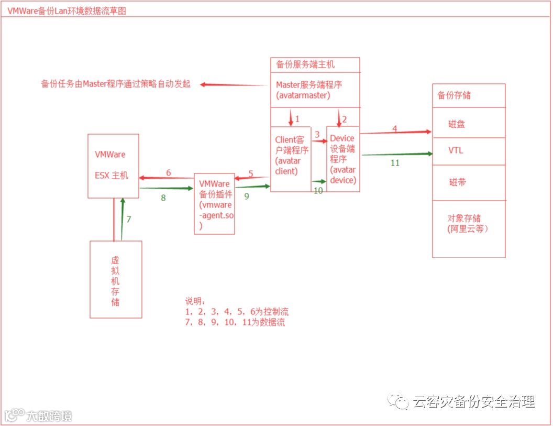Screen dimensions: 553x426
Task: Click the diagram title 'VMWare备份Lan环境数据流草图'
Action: tap(67, 11)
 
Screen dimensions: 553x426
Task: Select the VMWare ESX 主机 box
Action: tap(113, 166)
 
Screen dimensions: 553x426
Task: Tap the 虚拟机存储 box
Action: tap(116, 279)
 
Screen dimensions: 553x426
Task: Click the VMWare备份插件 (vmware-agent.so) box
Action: tap(214, 203)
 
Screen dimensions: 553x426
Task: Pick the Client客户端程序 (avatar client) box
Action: tap(291, 159)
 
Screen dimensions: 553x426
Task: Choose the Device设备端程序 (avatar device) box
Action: tap(343, 159)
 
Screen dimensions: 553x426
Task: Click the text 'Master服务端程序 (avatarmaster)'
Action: tap(309, 90)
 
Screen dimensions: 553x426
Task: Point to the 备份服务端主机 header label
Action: tap(305, 65)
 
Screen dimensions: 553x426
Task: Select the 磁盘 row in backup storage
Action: tap(457, 124)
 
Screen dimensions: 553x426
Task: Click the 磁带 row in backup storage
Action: tap(457, 182)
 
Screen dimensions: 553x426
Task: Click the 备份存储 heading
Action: tap(454, 95)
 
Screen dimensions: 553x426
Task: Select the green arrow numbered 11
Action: tap(396, 154)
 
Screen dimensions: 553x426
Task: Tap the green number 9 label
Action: tap(246, 195)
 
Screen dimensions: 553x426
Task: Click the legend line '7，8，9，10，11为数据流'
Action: tap(235, 322)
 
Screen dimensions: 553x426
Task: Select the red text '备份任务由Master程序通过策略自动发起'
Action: tap(116, 84)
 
